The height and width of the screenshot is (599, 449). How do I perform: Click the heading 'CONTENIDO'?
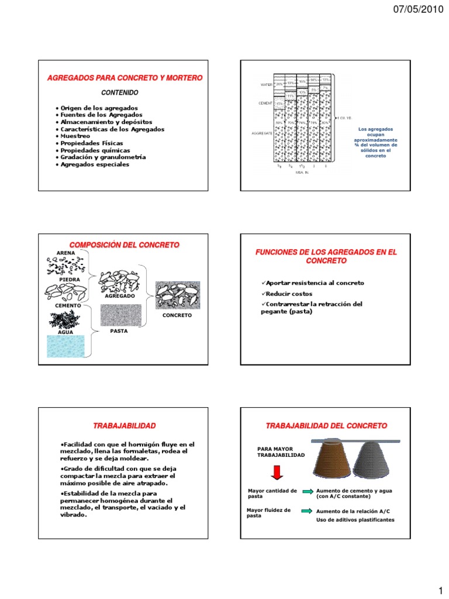120,92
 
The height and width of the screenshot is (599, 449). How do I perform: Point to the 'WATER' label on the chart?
267,84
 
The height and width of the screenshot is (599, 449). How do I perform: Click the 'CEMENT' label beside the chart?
267,103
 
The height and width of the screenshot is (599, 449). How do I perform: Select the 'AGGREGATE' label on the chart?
263,133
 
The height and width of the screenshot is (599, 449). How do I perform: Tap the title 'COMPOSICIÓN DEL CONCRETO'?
125,245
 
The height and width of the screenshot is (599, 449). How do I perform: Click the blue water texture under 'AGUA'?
65,346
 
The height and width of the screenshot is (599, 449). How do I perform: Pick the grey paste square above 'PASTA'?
120,315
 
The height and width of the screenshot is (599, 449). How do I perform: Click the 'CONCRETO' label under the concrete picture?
177,315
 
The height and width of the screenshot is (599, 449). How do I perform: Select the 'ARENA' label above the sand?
65,253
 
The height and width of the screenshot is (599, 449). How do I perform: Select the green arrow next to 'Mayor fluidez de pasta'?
307,511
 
